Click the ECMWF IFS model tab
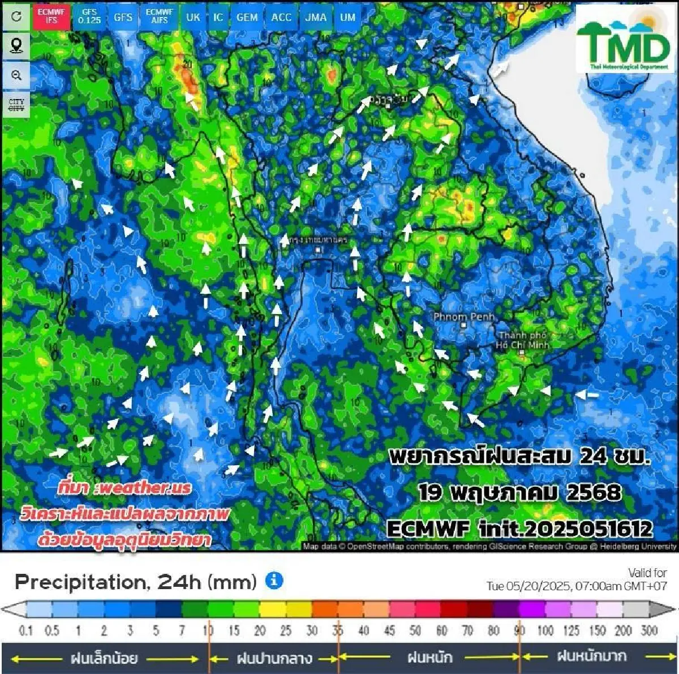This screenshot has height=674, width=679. (51, 16)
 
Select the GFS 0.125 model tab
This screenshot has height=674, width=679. (89, 16)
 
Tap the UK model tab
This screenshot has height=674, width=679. (193, 17)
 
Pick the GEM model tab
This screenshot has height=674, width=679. (247, 17)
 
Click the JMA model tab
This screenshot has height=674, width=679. (316, 17)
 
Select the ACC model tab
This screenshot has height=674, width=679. (281, 17)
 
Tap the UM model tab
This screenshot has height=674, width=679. (347, 17)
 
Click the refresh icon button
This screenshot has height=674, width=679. (16, 16)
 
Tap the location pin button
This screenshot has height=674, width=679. (16, 45)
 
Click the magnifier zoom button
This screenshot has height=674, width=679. (16, 75)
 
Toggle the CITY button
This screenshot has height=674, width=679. (16, 105)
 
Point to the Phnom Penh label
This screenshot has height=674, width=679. (463, 317)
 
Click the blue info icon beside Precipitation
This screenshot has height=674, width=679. (274, 580)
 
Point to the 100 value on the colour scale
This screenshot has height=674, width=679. (545, 630)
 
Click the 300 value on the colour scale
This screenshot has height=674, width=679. (649, 630)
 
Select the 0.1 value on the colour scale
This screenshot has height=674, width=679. (25, 630)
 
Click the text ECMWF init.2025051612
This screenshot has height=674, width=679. (519, 529)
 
